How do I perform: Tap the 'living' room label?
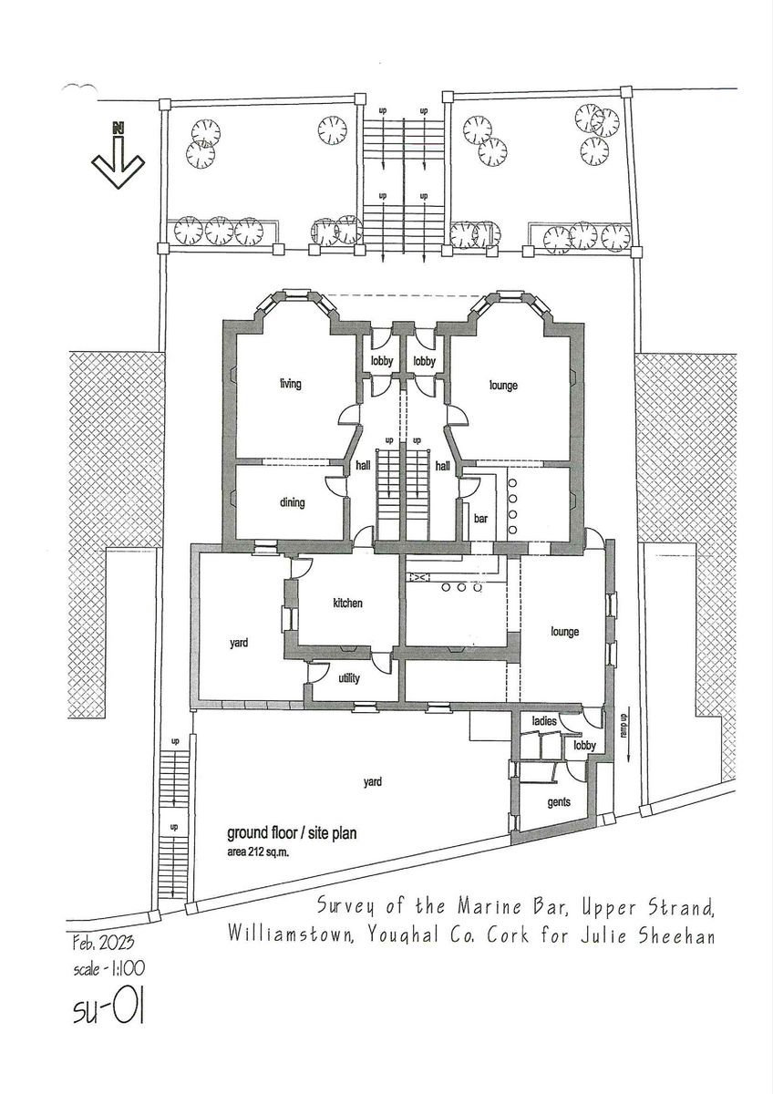(x=290, y=385)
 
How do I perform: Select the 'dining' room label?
(x=292, y=502)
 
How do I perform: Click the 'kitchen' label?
(x=347, y=604)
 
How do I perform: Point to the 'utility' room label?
(x=350, y=679)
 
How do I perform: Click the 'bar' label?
(x=481, y=519)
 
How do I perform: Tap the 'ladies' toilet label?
(x=544, y=722)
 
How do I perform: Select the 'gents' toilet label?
(x=559, y=803)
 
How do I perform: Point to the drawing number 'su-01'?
(x=108, y=1011)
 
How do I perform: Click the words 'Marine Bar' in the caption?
(x=487, y=908)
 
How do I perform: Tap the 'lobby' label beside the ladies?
(x=584, y=746)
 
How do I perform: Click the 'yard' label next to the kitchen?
(x=239, y=643)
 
